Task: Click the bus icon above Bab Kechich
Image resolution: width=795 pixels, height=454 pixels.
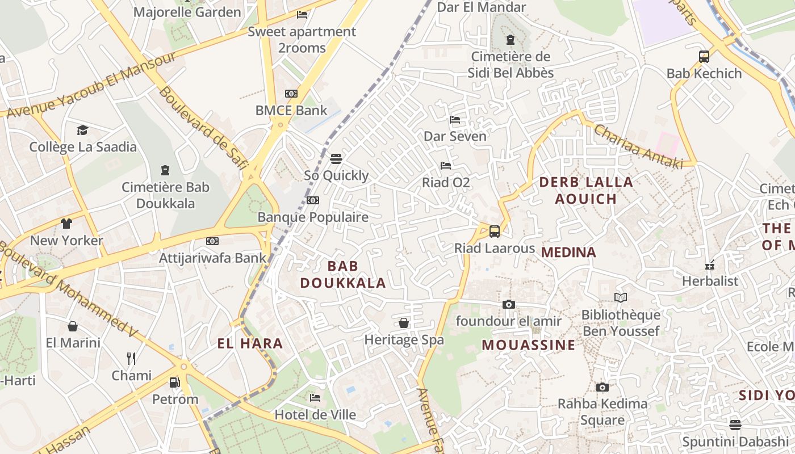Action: click(704, 56)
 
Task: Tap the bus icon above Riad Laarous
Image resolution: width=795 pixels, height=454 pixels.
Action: click(495, 231)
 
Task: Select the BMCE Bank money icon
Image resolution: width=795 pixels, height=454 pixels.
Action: click(291, 93)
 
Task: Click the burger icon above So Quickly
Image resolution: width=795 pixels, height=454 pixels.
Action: click(336, 158)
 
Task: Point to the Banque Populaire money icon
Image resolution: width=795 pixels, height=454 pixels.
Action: click(313, 200)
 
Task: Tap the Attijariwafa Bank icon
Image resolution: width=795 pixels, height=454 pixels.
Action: click(212, 241)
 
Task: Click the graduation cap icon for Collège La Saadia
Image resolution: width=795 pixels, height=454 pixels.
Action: click(83, 130)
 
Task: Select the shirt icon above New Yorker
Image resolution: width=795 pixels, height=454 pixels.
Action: click(66, 223)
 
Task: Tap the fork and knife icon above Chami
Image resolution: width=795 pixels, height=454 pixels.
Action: click(131, 358)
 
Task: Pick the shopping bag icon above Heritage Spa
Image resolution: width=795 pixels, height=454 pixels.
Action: click(404, 323)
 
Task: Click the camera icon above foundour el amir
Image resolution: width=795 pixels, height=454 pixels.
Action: click(509, 304)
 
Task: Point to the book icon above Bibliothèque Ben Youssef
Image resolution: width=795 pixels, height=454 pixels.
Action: click(621, 297)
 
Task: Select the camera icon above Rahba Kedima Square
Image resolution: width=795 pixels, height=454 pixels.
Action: click(602, 387)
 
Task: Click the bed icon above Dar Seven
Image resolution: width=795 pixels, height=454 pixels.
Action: click(455, 119)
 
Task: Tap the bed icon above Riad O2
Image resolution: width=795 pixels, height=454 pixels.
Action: click(446, 166)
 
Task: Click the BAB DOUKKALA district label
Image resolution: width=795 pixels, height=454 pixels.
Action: click(343, 274)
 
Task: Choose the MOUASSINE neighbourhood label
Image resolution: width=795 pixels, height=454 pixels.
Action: click(529, 344)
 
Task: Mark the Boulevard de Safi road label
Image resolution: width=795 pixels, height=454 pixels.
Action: click(203, 128)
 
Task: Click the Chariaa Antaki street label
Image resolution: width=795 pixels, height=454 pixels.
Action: click(638, 146)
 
